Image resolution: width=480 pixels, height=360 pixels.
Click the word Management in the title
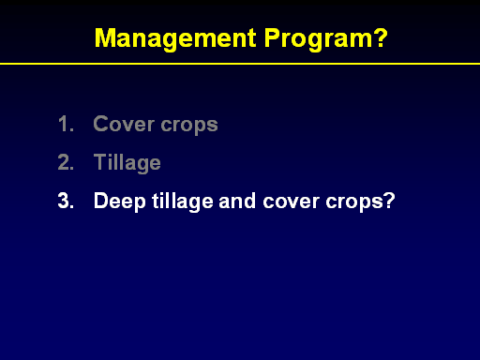175,39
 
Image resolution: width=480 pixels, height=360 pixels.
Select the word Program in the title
319,39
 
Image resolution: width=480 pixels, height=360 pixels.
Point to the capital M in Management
106,37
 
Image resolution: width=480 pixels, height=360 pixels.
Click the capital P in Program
272,37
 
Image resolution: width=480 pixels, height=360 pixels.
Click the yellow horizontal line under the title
240,64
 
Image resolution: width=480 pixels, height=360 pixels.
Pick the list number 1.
66,124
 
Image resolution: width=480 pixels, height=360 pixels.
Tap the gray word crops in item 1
189,126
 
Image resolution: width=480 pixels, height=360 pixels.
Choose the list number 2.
66,162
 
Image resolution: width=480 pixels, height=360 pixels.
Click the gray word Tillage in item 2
127,163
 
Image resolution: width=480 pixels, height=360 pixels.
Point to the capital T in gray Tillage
100,161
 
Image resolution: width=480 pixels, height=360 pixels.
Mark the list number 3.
66,201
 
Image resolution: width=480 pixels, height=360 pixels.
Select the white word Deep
120,202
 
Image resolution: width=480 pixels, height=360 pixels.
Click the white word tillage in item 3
183,202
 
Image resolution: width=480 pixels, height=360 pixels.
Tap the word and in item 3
237,201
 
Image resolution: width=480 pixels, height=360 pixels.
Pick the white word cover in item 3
292,202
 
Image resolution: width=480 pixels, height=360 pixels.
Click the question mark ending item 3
389,201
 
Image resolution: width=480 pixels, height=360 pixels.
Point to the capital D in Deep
101,201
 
